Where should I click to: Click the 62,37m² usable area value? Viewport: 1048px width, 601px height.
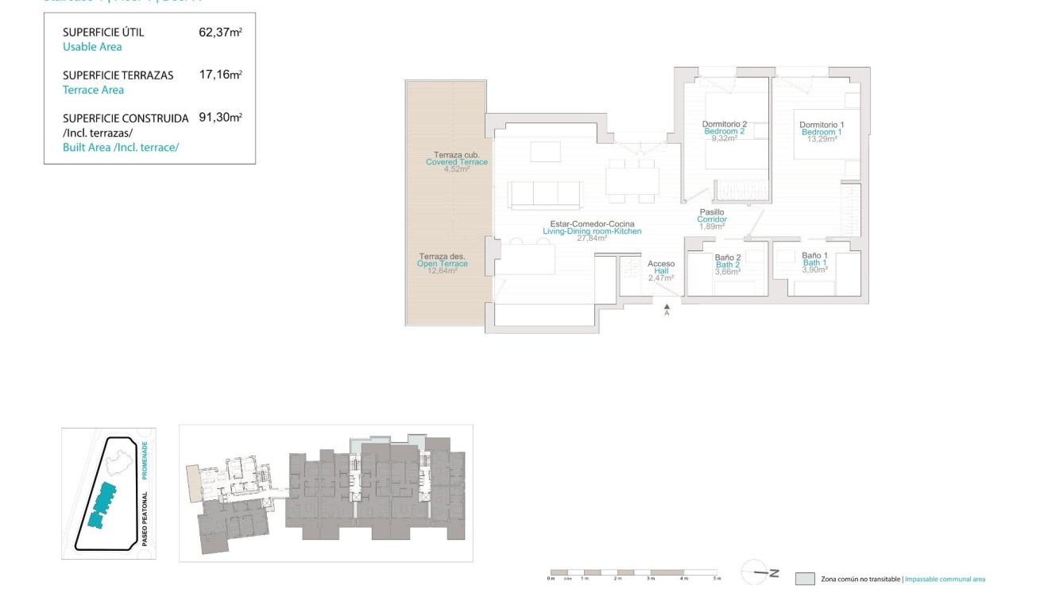pos(220,33)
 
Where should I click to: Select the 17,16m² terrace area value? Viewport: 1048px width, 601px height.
pos(220,75)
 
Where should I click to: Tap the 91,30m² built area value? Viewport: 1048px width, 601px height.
pos(220,117)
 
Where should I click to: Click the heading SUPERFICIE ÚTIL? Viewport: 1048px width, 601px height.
pos(103,33)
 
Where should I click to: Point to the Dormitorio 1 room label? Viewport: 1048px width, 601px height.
pos(822,125)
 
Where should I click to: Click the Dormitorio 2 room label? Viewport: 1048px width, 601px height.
pos(724,124)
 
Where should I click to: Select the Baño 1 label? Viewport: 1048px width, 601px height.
pos(814,256)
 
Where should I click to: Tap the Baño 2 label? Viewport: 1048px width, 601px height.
pos(727,258)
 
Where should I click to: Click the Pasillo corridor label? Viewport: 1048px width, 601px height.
pos(711,212)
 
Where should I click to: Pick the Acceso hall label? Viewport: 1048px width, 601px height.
pos(661,264)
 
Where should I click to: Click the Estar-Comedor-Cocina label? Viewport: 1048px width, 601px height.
pos(592,224)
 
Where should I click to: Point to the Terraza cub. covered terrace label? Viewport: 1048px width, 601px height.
pos(456,155)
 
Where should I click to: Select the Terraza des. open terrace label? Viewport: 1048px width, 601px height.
pos(443,257)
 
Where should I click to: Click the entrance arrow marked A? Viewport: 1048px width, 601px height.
pos(667,308)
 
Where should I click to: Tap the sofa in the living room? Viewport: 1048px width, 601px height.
pos(545,194)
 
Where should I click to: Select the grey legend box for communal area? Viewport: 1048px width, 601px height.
pos(805,579)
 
